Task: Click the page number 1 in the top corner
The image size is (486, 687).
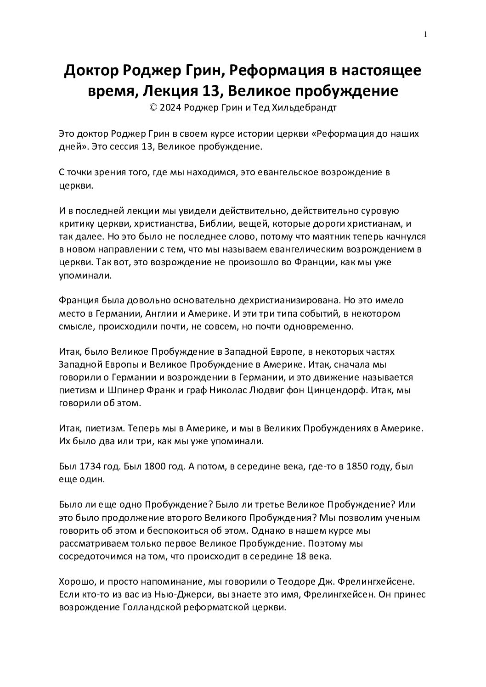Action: coord(426,34)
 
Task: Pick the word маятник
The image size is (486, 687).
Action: coord(341,237)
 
